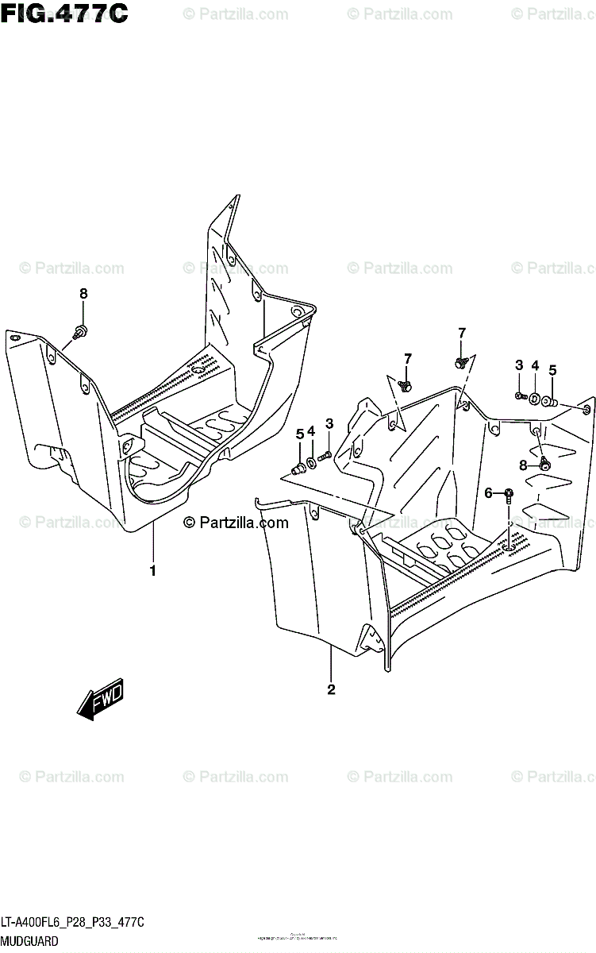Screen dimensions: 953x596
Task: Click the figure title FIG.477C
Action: coord(64,14)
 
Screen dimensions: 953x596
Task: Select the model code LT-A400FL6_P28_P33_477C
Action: coord(72,923)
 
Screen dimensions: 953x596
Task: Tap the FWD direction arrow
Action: coord(100,700)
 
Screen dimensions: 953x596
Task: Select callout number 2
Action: coord(331,689)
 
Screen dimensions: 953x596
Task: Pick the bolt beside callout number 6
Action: coord(508,496)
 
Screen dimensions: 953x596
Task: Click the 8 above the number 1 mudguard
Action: coord(83,294)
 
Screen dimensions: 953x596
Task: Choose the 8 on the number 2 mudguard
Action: coord(523,465)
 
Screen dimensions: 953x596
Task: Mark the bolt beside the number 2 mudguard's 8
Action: coord(544,463)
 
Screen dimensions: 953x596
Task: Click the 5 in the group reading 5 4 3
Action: coord(300,433)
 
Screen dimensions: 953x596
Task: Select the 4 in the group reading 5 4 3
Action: coord(312,431)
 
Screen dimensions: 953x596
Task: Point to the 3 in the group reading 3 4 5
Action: coord(518,365)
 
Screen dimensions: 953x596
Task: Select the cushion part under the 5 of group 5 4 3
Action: coord(300,468)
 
